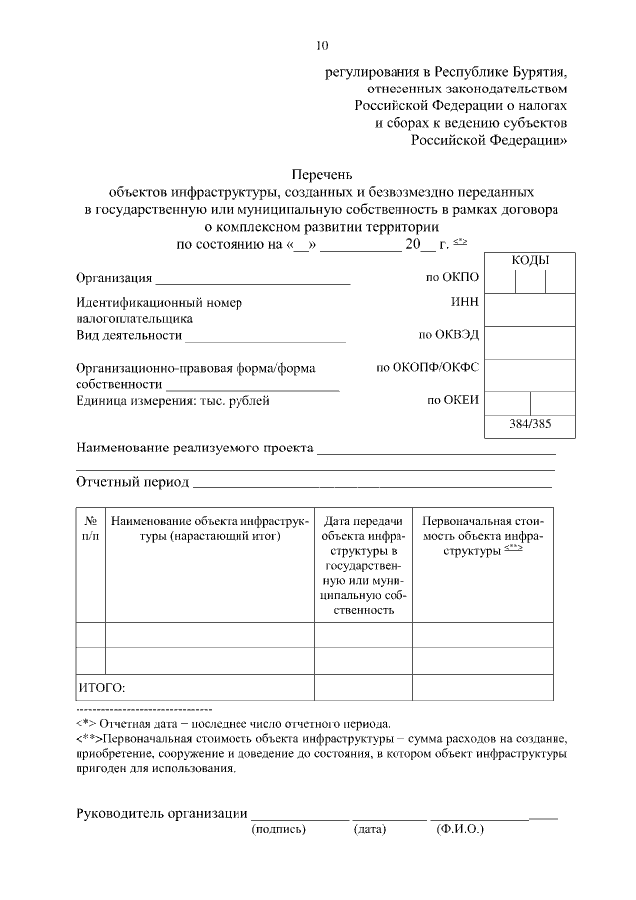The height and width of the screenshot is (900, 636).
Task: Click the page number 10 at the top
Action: (x=321, y=45)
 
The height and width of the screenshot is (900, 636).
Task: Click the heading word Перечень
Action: (x=321, y=173)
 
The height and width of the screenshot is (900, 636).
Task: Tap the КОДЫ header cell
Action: (x=531, y=260)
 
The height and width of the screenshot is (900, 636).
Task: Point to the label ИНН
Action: (x=465, y=301)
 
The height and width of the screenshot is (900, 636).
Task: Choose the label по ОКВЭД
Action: (x=449, y=335)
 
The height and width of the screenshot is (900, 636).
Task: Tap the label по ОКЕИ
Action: (x=454, y=401)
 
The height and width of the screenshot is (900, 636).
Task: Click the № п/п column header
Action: (x=90, y=528)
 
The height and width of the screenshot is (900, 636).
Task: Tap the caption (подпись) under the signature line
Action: (x=279, y=827)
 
